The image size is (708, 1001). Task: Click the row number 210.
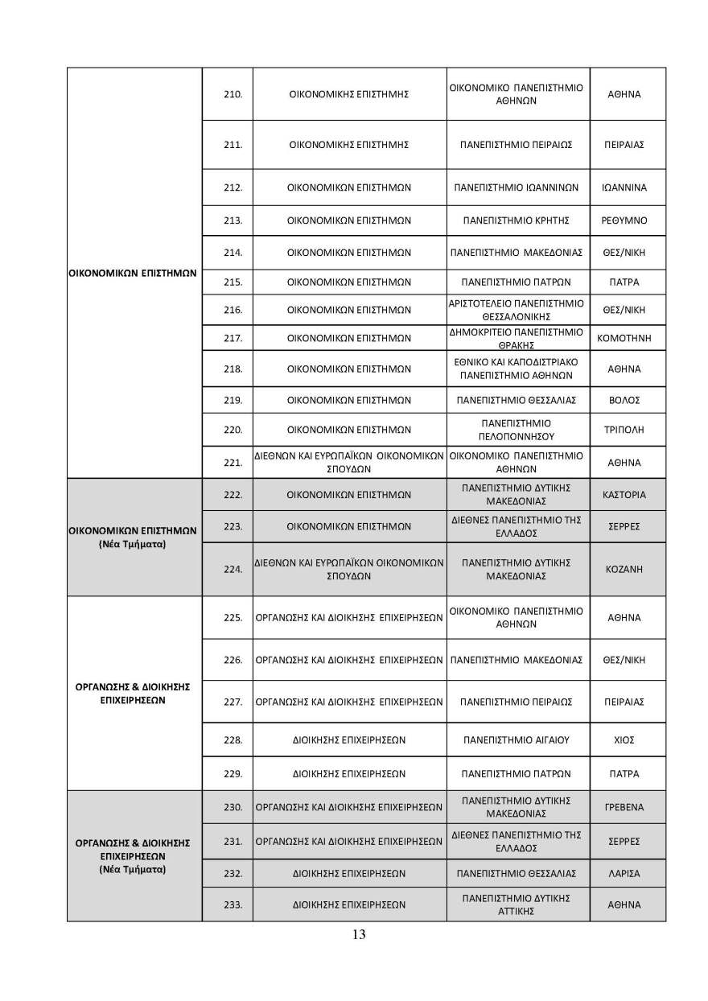click(233, 94)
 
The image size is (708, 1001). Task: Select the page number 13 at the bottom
click(359, 934)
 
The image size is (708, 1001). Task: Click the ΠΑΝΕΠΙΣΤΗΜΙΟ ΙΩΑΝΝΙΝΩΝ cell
click(517, 187)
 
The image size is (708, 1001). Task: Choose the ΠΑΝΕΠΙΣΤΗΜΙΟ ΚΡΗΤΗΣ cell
click(517, 220)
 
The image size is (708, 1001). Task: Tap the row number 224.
click(233, 569)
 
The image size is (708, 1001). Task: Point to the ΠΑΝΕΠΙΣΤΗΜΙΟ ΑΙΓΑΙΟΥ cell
click(517, 739)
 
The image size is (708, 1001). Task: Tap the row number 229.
click(233, 773)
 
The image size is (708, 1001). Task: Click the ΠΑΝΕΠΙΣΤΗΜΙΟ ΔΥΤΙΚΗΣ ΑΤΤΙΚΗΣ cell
click(517, 904)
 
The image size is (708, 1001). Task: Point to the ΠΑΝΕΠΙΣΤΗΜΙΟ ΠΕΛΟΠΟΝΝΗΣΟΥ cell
click(517, 430)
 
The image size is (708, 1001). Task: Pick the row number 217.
click(233, 338)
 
